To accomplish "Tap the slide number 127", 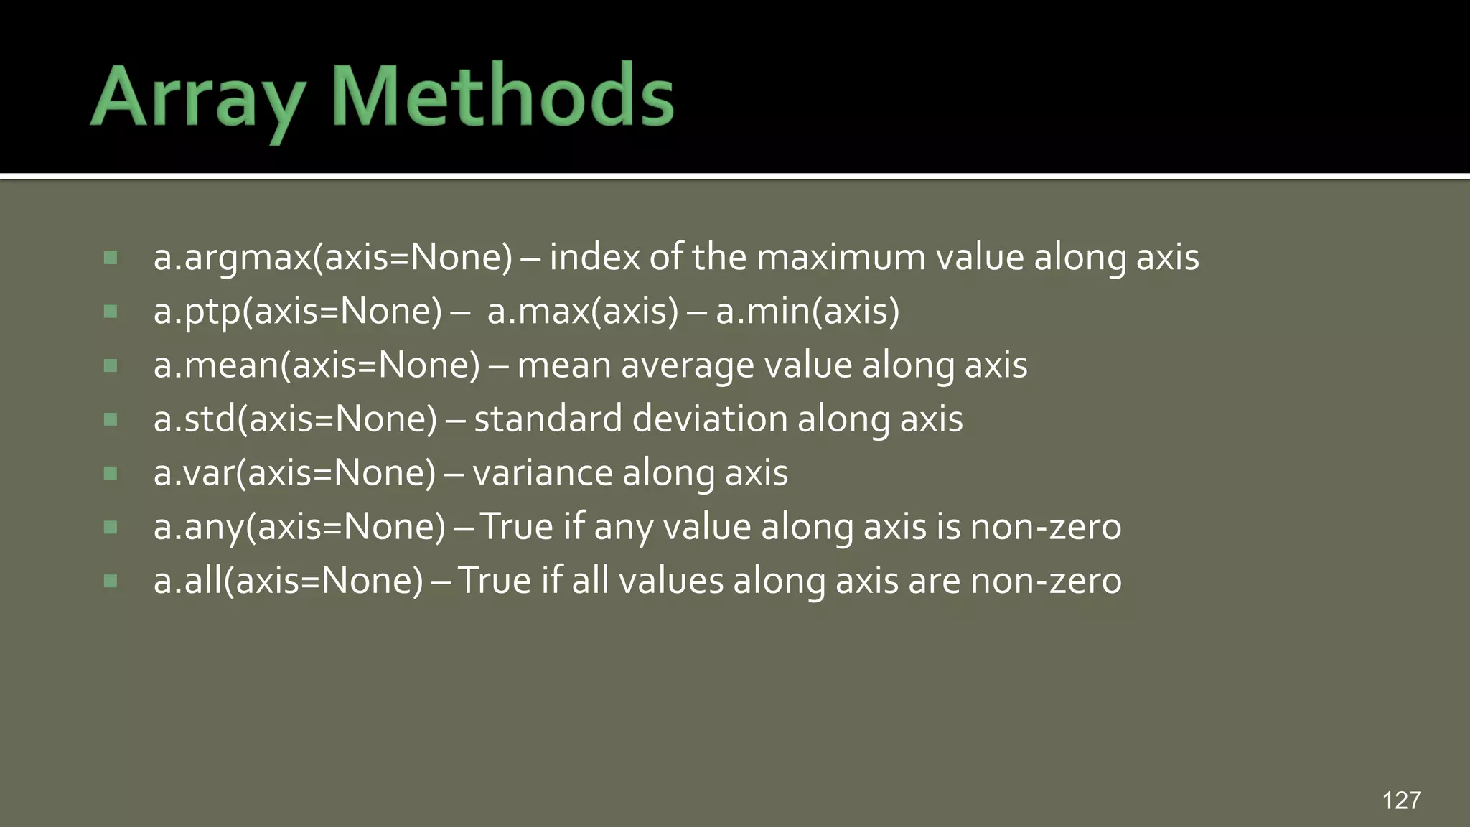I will [x=1401, y=800].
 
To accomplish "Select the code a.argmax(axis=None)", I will [x=333, y=258].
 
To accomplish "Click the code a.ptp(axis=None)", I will [x=298, y=312].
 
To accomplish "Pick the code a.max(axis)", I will [x=582, y=312].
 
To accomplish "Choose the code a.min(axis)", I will [x=807, y=312].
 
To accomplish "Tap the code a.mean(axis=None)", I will [x=317, y=365].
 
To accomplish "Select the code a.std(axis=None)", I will [x=295, y=419].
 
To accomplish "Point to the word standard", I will [x=548, y=419].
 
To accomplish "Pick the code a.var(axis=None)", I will [x=294, y=473].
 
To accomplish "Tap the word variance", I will [x=542, y=473].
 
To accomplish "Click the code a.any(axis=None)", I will [x=299, y=527].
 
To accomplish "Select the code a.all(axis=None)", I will [x=289, y=581].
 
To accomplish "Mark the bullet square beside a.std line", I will [x=111, y=419].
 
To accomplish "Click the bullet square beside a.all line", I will [x=111, y=581].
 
